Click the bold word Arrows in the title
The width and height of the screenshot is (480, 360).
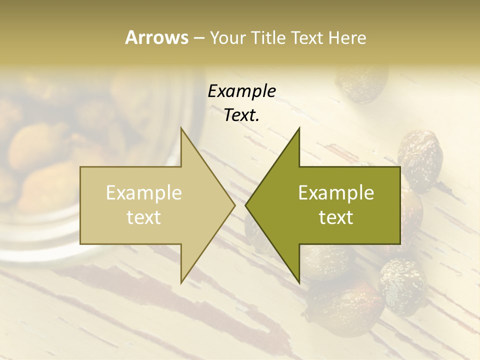[x=156, y=37]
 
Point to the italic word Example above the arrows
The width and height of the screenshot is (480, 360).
[x=241, y=91]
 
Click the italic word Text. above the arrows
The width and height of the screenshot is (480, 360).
[x=241, y=115]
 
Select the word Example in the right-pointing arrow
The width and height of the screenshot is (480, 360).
[x=144, y=193]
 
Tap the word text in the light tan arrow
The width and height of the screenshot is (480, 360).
[x=144, y=217]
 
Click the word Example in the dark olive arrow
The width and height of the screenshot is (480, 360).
[x=336, y=193]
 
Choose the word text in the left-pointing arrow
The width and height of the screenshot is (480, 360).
[x=336, y=217]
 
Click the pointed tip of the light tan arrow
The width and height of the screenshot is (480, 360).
[x=234, y=205]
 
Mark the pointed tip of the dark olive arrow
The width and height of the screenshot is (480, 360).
[x=246, y=205]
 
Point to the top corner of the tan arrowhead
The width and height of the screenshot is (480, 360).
[x=181, y=128]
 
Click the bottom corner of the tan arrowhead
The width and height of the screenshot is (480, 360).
[x=181, y=282]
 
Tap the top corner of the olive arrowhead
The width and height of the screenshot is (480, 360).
[x=298, y=128]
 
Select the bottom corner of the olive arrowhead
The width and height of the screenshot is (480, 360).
[x=298, y=282]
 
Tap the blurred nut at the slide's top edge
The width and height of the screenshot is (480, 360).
[x=362, y=82]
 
